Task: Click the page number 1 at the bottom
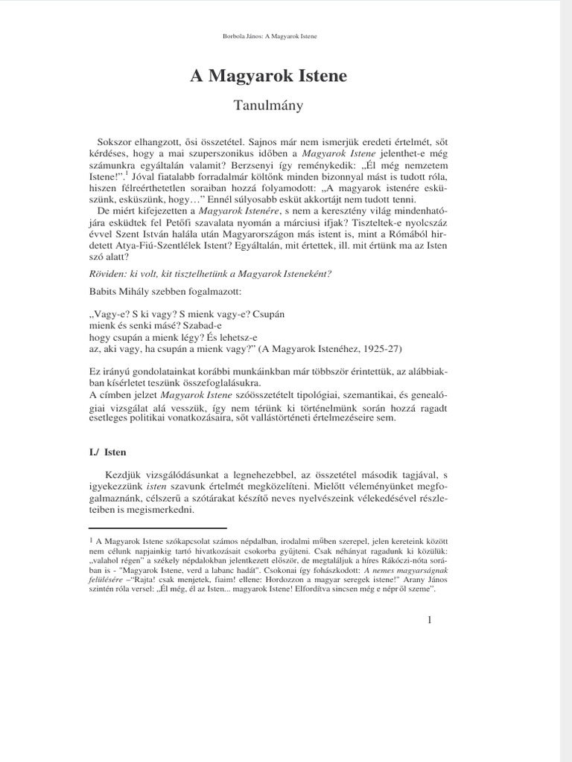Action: (430, 621)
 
